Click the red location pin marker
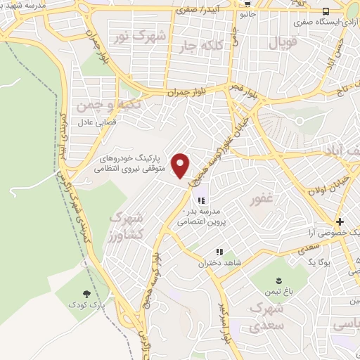(181, 166)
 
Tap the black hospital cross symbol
(339, 220)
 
